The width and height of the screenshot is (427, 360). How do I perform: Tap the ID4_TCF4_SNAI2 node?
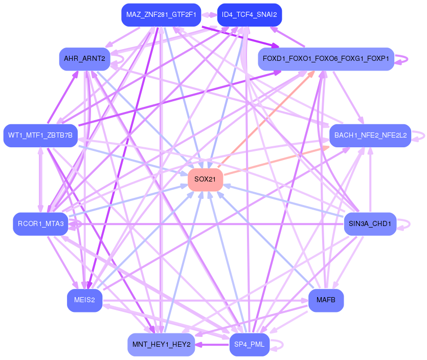coord(250,15)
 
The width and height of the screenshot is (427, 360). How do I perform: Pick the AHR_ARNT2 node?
coord(85,59)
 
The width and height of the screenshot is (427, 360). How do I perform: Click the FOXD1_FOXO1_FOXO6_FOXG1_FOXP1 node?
coord(326,59)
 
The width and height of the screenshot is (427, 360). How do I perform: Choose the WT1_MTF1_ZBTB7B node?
coord(40,136)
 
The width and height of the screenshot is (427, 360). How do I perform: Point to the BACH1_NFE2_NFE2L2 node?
coord(370,136)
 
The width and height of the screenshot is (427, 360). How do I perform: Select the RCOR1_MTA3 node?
coord(40,224)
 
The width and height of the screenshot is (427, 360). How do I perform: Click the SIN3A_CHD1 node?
coord(370,224)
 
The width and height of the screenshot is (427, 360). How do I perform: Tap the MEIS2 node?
coord(85,300)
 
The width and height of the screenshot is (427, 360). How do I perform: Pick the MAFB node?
coord(326,300)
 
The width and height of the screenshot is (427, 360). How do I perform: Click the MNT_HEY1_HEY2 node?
coord(161,344)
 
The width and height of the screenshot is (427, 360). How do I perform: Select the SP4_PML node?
coord(250,344)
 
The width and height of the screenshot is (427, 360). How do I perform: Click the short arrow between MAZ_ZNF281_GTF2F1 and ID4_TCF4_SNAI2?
coord(209,15)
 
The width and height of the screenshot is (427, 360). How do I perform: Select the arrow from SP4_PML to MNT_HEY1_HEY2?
coord(212,344)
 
